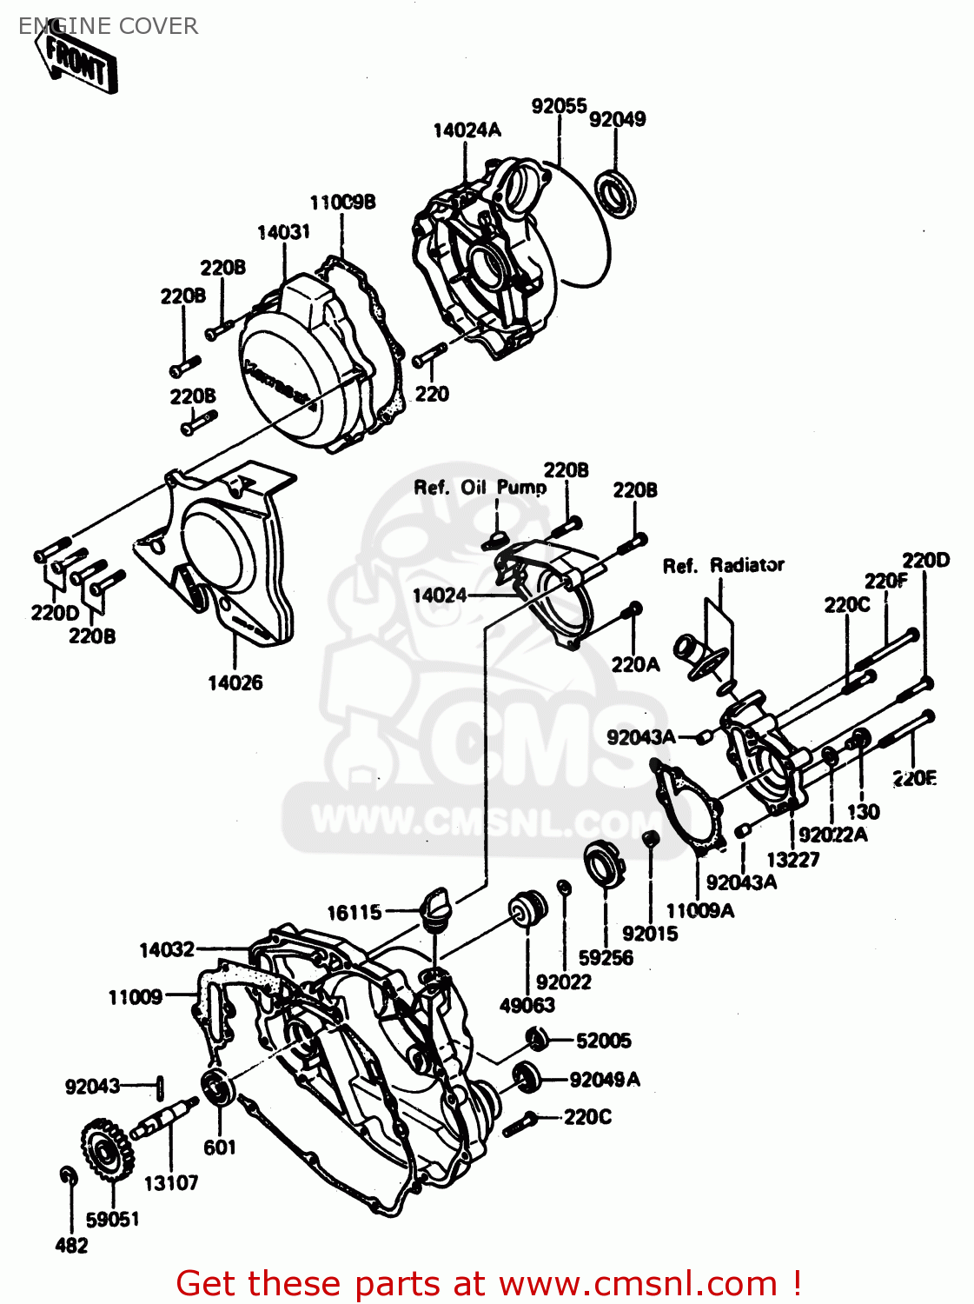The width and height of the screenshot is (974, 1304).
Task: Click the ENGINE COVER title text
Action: pos(108,26)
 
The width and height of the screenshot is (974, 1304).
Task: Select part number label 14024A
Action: pos(467,130)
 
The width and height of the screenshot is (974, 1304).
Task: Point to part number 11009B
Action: pos(342,203)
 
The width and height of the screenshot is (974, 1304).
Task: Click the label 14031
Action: pos(283,232)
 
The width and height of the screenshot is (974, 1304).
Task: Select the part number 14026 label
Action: pos(235,682)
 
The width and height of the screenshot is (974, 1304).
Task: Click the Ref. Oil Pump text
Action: pos(480,488)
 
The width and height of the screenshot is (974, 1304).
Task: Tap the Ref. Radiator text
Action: pos(723,566)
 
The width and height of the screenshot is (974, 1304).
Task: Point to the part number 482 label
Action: pos(71,1246)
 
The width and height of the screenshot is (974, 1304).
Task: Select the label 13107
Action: pos(170,1183)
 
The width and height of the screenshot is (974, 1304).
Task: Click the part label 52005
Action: pos(603,1041)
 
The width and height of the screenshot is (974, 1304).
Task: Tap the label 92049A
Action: pos(605,1080)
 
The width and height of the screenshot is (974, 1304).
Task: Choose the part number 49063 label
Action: pos(527,1005)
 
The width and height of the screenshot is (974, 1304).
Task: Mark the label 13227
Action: pos(792,859)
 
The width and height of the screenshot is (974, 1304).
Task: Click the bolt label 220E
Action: pos(913,778)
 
